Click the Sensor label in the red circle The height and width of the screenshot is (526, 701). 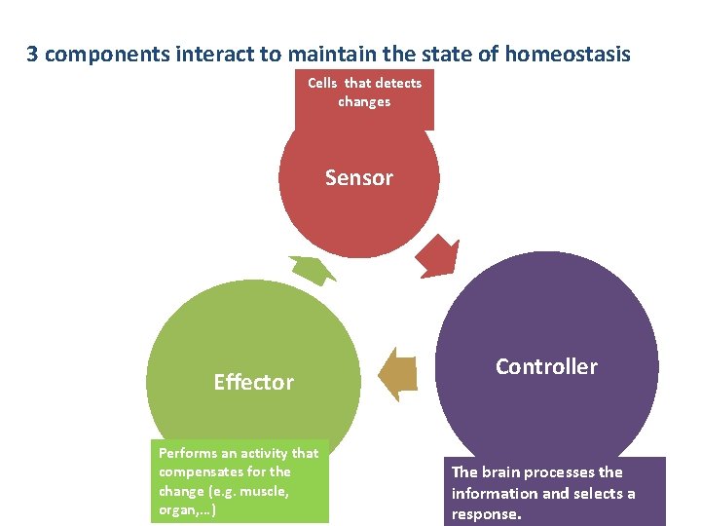[x=359, y=177]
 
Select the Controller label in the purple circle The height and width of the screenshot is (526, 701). [x=546, y=366]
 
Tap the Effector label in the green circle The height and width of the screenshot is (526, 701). [x=253, y=382]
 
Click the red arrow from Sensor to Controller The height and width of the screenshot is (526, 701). [x=437, y=256]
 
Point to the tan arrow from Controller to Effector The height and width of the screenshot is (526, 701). [x=400, y=373]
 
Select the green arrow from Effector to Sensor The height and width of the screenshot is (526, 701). [x=312, y=269]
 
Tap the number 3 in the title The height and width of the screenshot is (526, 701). [x=32, y=54]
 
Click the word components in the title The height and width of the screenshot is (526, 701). [x=108, y=54]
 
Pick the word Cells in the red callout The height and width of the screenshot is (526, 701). [x=322, y=83]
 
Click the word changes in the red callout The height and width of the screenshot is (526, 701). [x=364, y=101]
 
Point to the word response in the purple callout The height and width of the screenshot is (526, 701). [x=486, y=514]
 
